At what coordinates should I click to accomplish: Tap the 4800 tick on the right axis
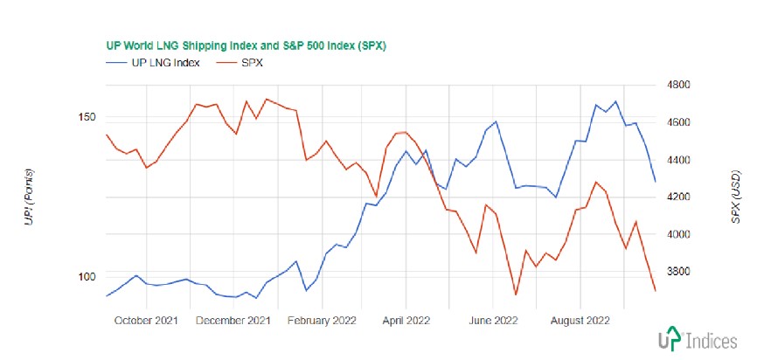[679, 85]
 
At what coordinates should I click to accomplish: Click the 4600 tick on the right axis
[679, 122]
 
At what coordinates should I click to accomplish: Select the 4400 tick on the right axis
[679, 160]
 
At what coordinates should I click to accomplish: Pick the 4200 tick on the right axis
[679, 197]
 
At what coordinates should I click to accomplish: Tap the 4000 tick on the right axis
[679, 234]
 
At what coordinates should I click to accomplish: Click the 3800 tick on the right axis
[679, 272]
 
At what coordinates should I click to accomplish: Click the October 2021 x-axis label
[148, 320]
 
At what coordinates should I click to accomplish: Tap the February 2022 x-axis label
[323, 320]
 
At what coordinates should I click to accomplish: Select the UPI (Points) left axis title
[31, 197]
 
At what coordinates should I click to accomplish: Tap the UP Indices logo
[697, 340]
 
